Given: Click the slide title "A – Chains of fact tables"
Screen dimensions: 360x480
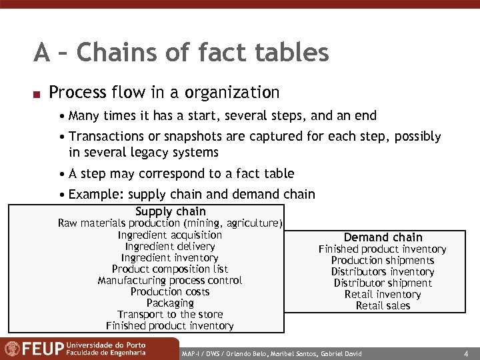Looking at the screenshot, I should click(181, 53).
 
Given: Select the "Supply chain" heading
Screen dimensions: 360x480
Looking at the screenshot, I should click(171, 212).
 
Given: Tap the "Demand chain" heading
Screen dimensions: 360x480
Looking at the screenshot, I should click(383, 237).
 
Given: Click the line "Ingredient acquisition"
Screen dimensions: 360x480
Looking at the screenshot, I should click(170, 235).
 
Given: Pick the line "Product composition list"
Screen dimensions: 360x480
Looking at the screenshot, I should click(170, 269).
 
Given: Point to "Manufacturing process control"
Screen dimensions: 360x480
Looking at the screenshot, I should click(170, 280).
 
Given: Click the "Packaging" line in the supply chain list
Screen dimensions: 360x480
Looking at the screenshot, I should click(170, 303).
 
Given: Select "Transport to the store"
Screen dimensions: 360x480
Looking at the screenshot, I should click(170, 314).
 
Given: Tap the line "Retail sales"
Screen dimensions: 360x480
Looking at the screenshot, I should click(383, 306).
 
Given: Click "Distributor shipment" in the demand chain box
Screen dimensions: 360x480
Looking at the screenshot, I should click(383, 283).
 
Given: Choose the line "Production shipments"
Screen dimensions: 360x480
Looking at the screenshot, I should click(383, 261).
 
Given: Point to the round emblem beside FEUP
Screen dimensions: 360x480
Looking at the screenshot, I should click(12, 349).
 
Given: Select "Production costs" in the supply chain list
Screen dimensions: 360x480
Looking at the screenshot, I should click(170, 291).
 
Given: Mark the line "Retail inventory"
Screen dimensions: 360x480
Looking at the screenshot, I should click(383, 295).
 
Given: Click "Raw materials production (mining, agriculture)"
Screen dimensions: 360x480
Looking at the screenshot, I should click(170, 223).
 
